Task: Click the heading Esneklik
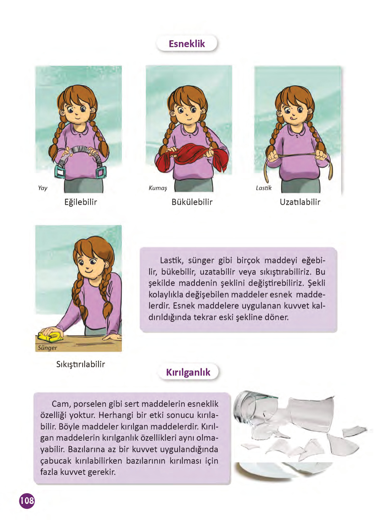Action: point(187,44)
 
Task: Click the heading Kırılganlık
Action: point(188,372)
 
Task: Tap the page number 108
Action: point(27,501)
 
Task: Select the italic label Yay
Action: point(43,188)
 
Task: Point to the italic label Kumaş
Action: point(158,188)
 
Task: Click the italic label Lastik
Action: point(264,188)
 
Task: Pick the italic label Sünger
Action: point(47,348)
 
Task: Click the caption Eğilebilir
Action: point(80,202)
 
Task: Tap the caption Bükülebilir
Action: point(192,202)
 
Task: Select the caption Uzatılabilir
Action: point(300,202)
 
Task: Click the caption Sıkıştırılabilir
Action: point(80,364)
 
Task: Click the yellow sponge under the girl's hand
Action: point(51,336)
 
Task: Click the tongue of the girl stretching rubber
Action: point(293,118)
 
